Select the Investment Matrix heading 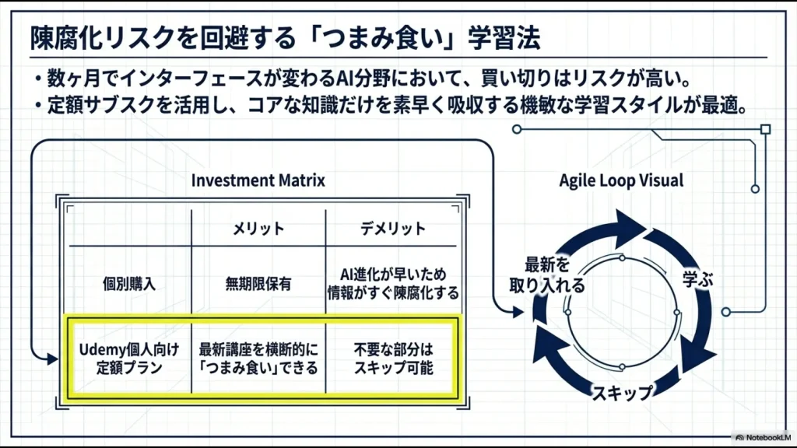point(258,180)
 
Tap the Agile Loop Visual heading point(621,180)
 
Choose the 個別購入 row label point(130,284)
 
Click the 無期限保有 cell point(258,284)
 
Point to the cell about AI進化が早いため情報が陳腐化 point(392,284)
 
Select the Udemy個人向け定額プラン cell point(130,359)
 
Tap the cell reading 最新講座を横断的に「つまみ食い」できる point(258,359)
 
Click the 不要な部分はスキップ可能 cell point(392,359)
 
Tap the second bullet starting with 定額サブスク point(389,104)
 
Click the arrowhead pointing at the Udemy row point(52,359)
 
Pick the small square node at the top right point(765,129)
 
